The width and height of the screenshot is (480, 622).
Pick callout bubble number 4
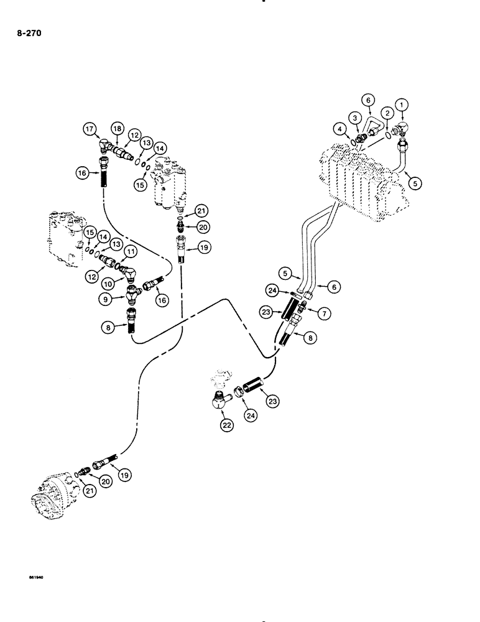tap(339, 129)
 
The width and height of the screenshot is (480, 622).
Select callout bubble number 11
tap(131, 251)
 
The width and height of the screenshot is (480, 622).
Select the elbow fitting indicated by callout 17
tap(106, 146)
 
